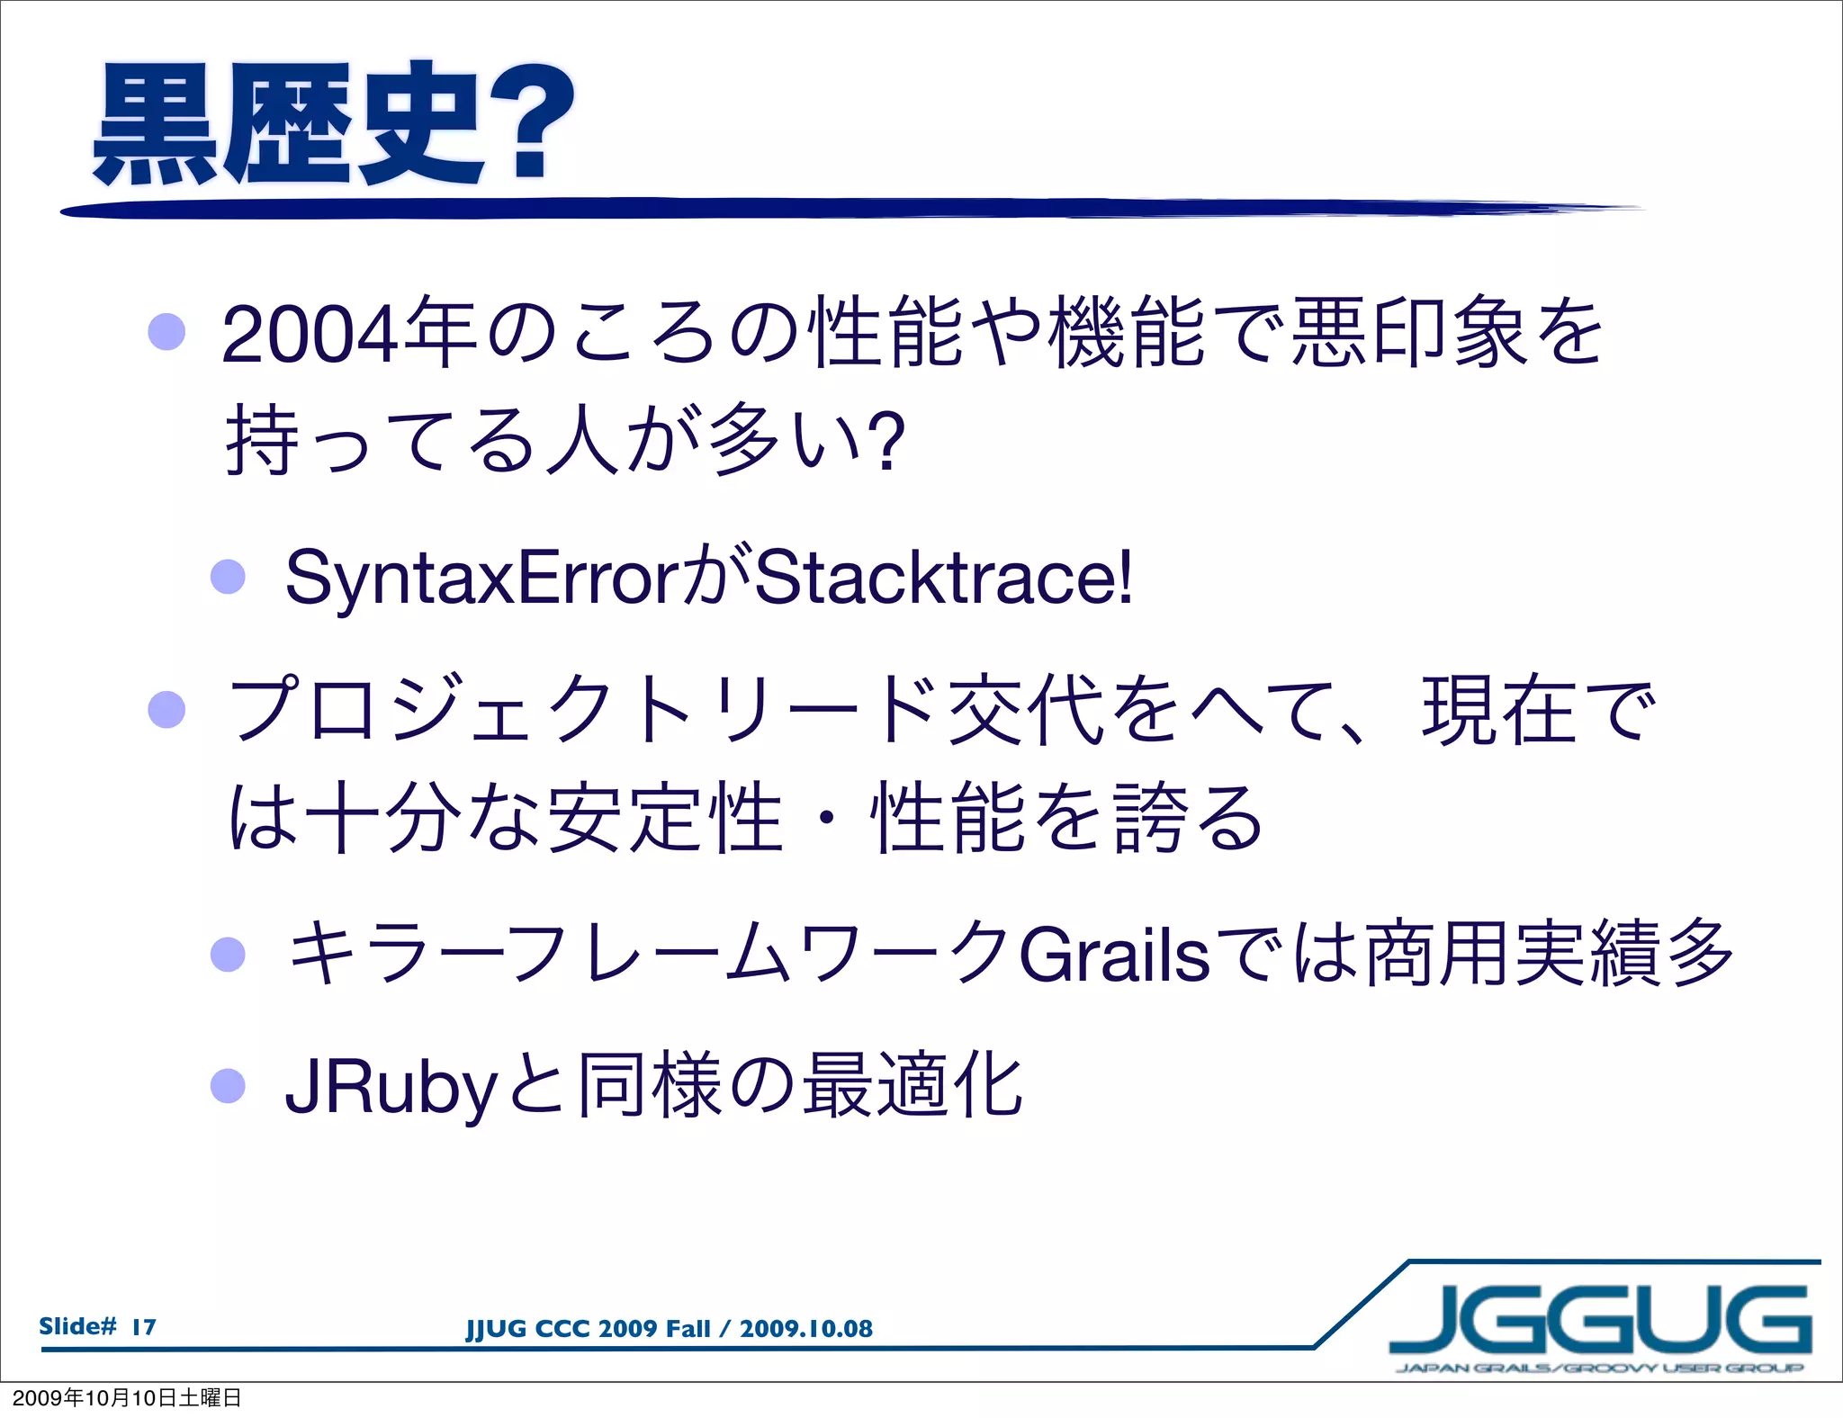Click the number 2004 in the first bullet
(309, 336)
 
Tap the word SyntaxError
(481, 578)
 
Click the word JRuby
(391, 1087)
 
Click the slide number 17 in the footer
(144, 1326)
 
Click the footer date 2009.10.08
(805, 1329)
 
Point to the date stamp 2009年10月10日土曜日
(127, 1397)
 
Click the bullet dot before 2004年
(166, 332)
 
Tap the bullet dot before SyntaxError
(228, 576)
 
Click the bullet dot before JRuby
(228, 1085)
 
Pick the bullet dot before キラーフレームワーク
(228, 954)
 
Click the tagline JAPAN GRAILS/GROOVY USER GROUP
(1599, 1369)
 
